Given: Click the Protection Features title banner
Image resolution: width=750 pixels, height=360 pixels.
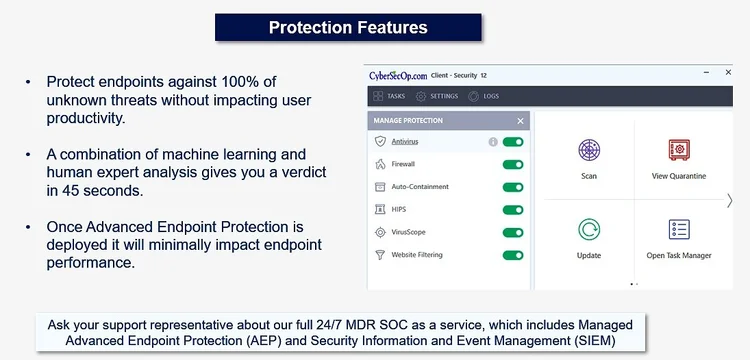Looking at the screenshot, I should pos(347,27).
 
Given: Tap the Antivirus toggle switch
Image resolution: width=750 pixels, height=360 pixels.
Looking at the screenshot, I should pos(513,142).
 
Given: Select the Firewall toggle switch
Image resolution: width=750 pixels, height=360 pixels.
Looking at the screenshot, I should pos(513,164).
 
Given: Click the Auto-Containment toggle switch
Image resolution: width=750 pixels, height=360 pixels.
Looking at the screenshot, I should pos(513,187).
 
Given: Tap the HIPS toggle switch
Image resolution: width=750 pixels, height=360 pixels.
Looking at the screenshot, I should pos(513,210).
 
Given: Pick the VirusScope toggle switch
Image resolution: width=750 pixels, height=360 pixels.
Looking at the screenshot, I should pos(513,232).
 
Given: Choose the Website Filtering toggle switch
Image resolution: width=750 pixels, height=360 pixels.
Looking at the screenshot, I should pos(513,255).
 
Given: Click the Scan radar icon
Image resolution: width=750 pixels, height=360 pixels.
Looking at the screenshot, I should pos(589,150).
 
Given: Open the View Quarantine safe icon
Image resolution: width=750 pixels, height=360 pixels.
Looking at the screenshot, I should pos(679,150).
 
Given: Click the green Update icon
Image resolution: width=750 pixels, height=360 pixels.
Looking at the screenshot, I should pos(589,229).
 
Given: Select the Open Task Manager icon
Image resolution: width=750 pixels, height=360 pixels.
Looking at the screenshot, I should pos(679,229).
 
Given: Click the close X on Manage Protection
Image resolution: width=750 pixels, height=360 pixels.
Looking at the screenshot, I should pos(520,121).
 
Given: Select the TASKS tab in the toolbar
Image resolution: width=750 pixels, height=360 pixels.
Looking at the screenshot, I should pos(389,96).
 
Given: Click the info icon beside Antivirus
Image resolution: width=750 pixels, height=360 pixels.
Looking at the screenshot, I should pos(493,142).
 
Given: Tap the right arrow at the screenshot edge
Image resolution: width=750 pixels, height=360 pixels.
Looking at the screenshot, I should pos(729,200).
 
